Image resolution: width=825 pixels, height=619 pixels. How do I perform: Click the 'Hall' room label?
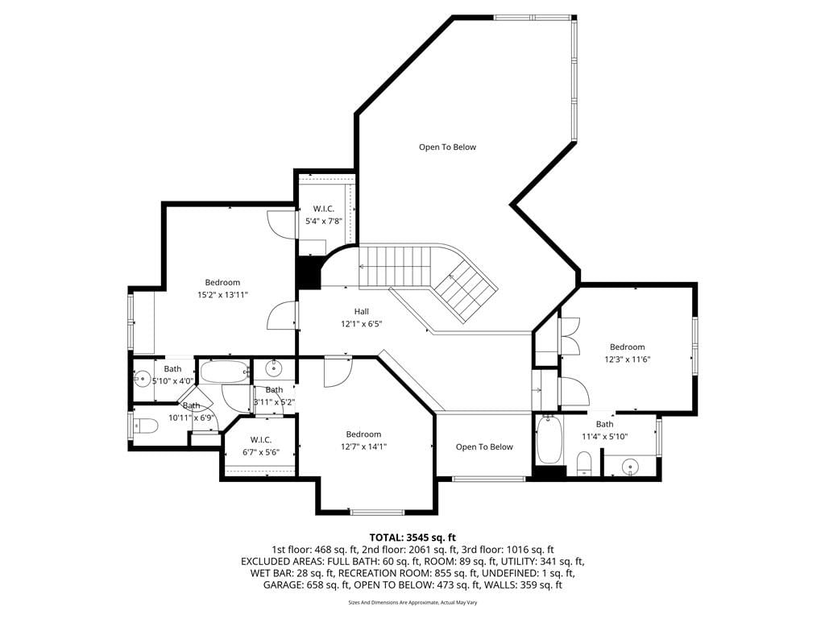(362, 312)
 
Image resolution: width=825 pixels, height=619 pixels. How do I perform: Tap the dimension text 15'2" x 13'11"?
(222, 295)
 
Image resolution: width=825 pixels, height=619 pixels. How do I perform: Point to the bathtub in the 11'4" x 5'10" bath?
(549, 440)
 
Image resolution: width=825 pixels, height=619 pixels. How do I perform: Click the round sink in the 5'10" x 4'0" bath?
(142, 377)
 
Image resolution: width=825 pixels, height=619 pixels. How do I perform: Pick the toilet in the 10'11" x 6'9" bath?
(146, 426)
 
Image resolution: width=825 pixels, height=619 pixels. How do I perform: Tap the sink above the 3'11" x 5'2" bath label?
(274, 368)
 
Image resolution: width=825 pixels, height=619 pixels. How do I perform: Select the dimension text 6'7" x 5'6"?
(261, 452)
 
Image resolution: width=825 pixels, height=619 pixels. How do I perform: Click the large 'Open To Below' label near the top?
(447, 147)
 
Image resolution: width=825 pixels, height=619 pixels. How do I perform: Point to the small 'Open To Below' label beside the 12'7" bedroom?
(484, 447)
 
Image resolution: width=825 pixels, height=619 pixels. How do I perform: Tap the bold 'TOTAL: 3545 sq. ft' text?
(412, 538)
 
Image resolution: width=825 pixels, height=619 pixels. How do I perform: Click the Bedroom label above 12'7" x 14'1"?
(363, 434)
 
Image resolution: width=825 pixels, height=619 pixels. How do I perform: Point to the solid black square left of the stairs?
(309, 272)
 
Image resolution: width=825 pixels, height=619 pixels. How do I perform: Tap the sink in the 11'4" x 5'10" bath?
(628, 467)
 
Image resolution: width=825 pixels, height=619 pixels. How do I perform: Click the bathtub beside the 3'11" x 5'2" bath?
(225, 372)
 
